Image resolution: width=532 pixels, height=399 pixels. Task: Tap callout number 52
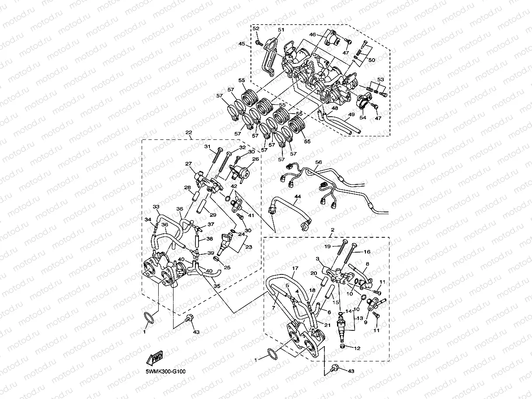(x=256, y=29)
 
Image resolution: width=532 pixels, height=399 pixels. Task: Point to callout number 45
(x=242, y=44)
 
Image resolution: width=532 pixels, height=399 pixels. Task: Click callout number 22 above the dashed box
(x=188, y=133)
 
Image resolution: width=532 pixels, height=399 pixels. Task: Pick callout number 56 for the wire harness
(x=318, y=162)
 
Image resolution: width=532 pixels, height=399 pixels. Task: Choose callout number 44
(x=297, y=197)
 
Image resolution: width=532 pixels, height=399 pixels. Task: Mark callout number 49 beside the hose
(x=351, y=114)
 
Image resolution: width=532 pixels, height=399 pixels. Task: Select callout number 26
(x=255, y=159)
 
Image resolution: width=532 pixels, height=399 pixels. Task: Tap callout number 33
(x=156, y=206)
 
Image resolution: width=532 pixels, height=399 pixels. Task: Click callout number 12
(x=358, y=348)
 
